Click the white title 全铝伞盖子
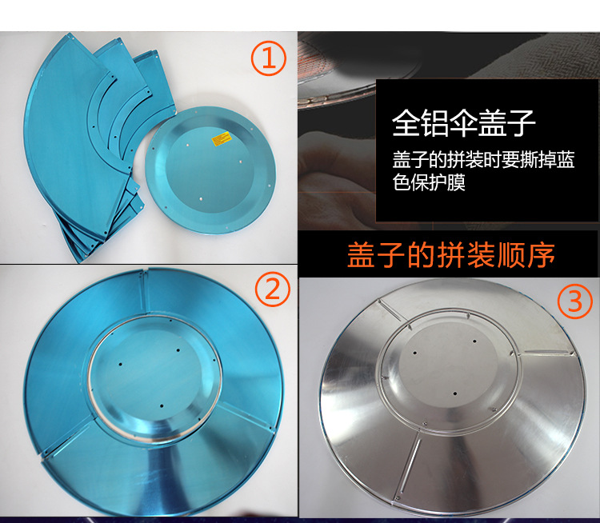click(x=464, y=124)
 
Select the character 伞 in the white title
click(x=464, y=124)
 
